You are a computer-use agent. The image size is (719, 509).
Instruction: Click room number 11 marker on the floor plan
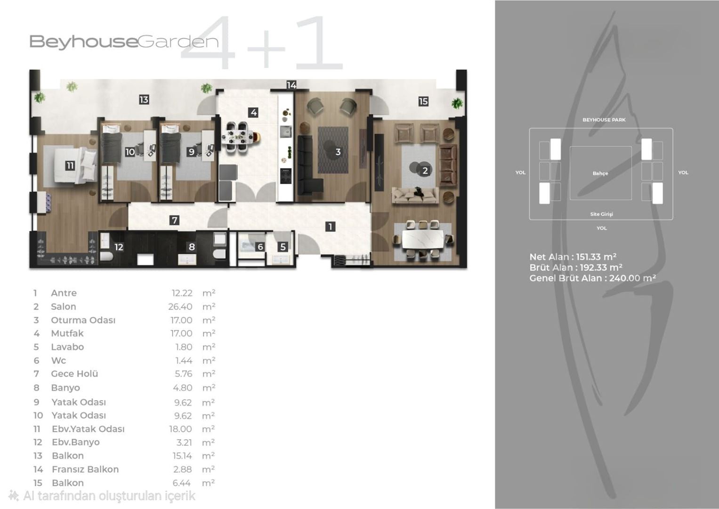pos(70,165)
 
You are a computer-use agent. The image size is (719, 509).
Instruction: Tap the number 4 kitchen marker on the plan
pos(254,113)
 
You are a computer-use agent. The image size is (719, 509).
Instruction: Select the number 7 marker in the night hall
pos(174,220)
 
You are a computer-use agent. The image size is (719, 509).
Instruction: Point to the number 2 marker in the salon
pos(425,170)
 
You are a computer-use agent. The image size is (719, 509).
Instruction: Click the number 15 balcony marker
pos(423,101)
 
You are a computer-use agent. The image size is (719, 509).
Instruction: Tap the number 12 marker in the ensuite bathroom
pos(119,247)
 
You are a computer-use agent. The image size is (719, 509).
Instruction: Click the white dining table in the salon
pos(423,239)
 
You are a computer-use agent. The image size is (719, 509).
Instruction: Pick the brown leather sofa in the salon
pos(447,165)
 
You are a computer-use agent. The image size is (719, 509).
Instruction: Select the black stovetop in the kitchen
pos(286,176)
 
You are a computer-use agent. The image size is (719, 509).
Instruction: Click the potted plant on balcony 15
pos(457,104)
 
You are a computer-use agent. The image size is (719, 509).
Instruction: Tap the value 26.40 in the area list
pos(180,306)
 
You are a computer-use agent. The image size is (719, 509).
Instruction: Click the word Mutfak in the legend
pos(67,333)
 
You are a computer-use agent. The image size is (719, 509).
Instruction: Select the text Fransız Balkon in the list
pos(85,469)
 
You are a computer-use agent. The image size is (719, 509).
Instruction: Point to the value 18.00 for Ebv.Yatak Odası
pos(180,429)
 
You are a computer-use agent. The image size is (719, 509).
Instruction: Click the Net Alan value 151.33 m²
pos(596,257)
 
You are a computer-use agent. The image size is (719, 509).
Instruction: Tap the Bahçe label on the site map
pos(600,173)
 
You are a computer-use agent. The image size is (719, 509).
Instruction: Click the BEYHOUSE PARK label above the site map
pos(604,120)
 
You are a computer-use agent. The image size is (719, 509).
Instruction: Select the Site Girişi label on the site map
pos(601,214)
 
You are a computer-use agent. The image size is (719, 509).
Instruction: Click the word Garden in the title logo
pos(178,42)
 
